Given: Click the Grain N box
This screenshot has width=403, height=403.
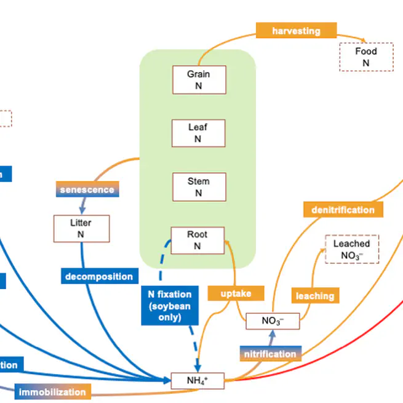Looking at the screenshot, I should coord(198,80).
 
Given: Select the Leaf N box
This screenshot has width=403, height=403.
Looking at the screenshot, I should coord(198,133).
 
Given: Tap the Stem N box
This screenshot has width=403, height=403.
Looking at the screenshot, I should coord(198,186).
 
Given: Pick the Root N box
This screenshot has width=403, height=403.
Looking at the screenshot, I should coord(198,240).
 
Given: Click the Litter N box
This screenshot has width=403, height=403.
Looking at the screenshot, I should coord(81,228).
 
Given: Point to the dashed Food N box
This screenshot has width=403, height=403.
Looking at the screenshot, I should coord(365,57).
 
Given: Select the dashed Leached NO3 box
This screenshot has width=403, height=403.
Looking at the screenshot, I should coord(352,249).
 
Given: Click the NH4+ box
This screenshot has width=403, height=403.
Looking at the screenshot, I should coord(198,381).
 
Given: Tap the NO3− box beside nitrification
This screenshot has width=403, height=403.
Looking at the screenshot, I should coord(273,321).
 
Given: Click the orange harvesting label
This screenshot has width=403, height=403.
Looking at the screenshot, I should coord(296,30).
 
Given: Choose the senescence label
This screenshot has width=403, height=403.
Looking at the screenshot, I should coord(87,190).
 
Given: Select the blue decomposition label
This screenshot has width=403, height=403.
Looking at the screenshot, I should coord(99,276).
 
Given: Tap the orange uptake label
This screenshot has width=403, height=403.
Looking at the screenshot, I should coord(236,293).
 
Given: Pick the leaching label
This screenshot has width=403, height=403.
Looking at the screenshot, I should coord(314,296).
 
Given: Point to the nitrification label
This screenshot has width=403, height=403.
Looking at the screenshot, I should coord(269,354).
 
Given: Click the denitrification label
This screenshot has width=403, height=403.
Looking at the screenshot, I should coord(343,210).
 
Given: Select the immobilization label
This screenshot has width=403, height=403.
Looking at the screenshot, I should coord(52,392).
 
